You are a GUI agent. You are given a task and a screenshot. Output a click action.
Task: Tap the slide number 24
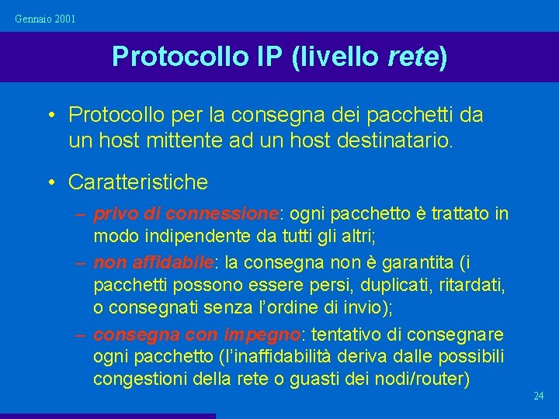539,396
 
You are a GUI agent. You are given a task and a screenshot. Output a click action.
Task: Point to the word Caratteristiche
138,182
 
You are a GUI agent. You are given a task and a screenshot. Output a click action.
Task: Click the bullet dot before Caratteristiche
50,182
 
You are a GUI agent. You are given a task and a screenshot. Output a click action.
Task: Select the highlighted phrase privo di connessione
186,213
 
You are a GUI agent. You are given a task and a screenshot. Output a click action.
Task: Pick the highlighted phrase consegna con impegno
196,334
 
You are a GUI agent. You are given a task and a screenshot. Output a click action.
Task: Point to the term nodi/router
422,379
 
